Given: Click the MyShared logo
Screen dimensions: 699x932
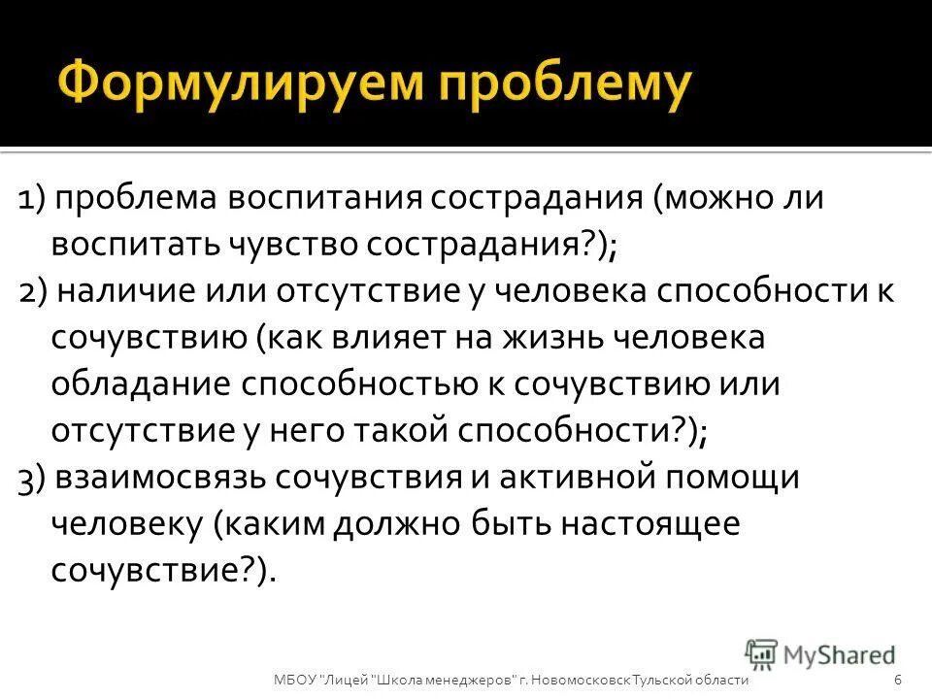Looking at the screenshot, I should click(x=820, y=653).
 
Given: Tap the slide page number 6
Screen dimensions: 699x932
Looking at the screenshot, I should click(x=898, y=680).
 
